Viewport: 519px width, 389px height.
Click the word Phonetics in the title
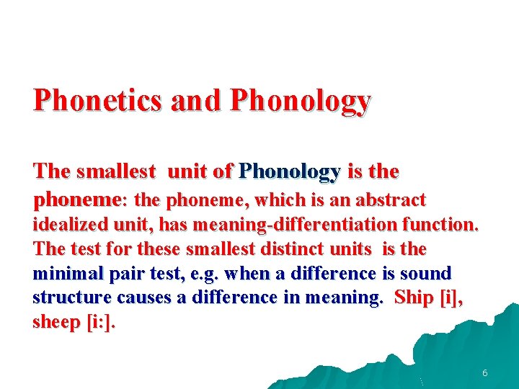(98, 101)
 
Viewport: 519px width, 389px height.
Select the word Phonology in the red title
(300, 101)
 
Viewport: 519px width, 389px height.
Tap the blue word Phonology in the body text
(290, 171)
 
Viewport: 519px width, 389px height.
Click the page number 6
(485, 373)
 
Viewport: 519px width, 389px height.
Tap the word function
(442, 224)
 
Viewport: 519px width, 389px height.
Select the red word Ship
(414, 298)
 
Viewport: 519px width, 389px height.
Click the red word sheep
(56, 323)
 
